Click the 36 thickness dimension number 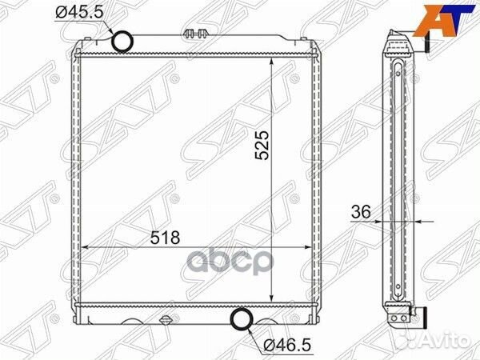pos(360,212)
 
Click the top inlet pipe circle pos(122,41)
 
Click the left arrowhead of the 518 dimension pos(86,248)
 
